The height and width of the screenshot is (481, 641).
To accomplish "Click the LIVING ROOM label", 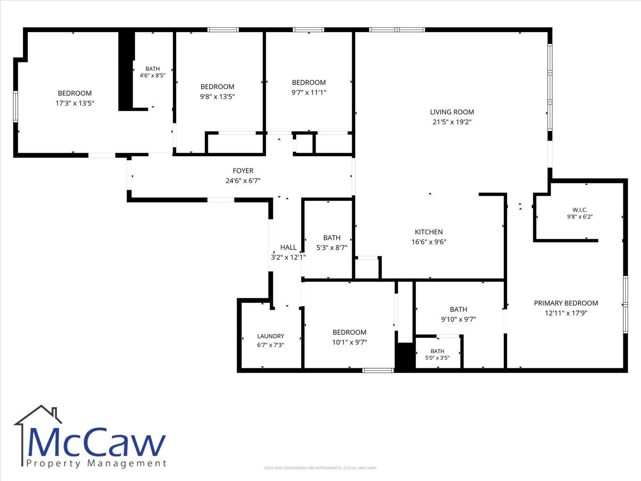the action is coord(452,112).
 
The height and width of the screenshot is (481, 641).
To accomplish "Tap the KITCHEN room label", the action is coord(429,232).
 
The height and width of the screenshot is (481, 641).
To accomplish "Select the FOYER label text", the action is coord(243,171).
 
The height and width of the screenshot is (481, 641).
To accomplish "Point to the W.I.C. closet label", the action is coord(580,210).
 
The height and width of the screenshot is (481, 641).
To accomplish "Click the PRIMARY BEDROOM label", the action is coord(566,303).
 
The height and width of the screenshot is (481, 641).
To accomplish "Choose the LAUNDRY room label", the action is coord(270,336).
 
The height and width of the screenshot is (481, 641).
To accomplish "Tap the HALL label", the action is coord(288,247).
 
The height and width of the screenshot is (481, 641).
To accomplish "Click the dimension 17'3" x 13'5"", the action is coord(75,103).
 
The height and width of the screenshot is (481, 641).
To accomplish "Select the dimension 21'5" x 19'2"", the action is coord(452,122).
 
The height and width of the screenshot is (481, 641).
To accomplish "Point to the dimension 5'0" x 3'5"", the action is coord(437,358).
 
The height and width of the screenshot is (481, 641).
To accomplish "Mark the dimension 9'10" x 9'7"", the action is coord(458,319).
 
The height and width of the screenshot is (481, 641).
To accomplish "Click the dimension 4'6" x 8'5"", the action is coord(152,75).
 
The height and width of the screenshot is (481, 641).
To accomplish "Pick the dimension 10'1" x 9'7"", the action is coord(349,342).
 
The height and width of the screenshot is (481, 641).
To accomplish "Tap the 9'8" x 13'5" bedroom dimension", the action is coord(217,96).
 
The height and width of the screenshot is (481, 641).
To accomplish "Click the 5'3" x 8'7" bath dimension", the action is coord(332,248).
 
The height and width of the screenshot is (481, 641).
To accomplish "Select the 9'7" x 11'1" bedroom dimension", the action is coord(308,92).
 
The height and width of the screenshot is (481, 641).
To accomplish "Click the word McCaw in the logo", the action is coord(96,442).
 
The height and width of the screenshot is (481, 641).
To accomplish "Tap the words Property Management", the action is coord(96,464).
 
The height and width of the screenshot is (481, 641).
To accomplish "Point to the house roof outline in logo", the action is coord(38,415).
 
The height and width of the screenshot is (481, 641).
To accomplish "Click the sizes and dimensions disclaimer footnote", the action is coord(320,468).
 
